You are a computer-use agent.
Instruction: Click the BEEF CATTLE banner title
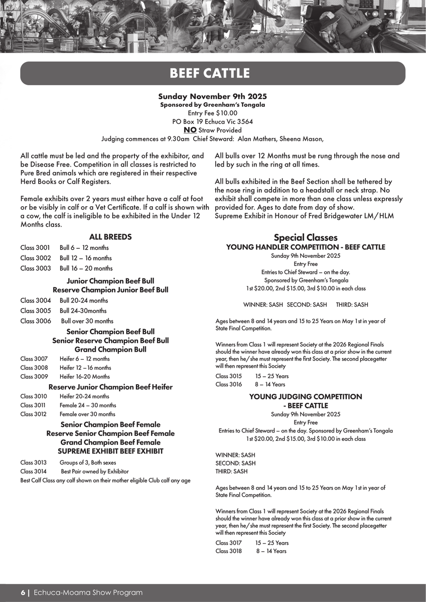(210, 73)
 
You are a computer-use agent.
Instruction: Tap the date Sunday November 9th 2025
(212, 96)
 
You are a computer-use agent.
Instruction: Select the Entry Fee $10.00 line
(212, 113)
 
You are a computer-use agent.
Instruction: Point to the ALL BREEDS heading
(110, 237)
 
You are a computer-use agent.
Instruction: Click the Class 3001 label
(35, 248)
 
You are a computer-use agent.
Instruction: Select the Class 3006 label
(35, 321)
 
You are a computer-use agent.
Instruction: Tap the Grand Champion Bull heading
(110, 349)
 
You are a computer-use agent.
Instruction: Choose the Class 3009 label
(34, 376)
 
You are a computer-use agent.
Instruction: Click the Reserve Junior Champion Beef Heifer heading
(110, 387)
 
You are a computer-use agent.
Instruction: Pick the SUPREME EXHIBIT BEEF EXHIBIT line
(110, 451)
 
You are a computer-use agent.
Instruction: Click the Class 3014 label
(34, 472)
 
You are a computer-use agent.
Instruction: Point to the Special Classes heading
(306, 237)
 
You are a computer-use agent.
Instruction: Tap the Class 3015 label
(229, 376)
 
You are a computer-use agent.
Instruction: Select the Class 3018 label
(229, 551)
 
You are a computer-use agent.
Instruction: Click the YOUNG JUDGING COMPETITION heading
(306, 396)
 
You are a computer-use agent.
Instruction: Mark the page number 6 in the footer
(23, 592)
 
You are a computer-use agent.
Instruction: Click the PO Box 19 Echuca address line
(212, 121)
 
